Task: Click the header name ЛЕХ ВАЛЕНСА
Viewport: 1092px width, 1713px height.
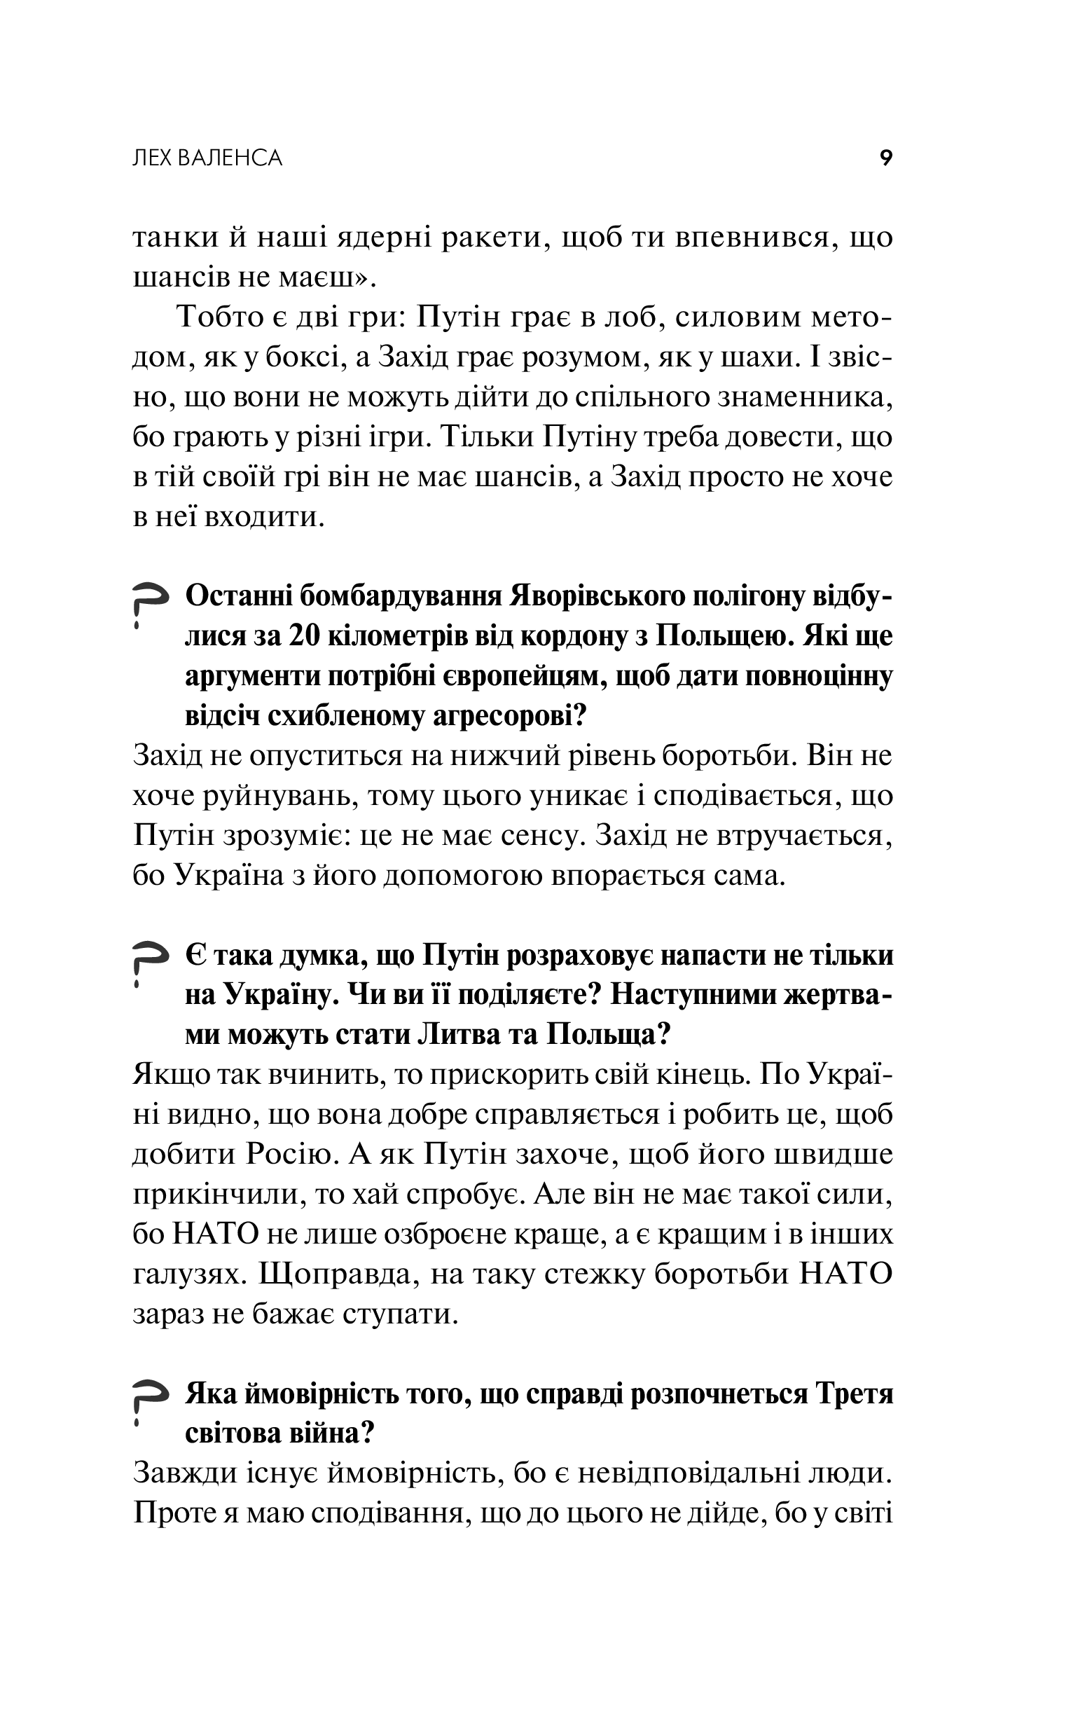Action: (x=208, y=158)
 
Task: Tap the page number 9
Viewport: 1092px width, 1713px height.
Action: (x=885, y=158)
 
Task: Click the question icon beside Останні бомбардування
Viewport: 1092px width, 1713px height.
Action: (x=149, y=605)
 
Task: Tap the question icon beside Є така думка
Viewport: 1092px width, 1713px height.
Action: (x=149, y=964)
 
